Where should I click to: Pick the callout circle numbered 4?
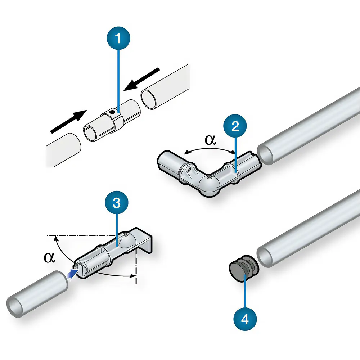point(245,319)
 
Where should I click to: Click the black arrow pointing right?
point(68,121)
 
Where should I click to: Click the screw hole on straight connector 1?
point(113,112)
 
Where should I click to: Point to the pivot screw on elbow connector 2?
point(209,177)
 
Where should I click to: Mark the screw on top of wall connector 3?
point(125,235)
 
